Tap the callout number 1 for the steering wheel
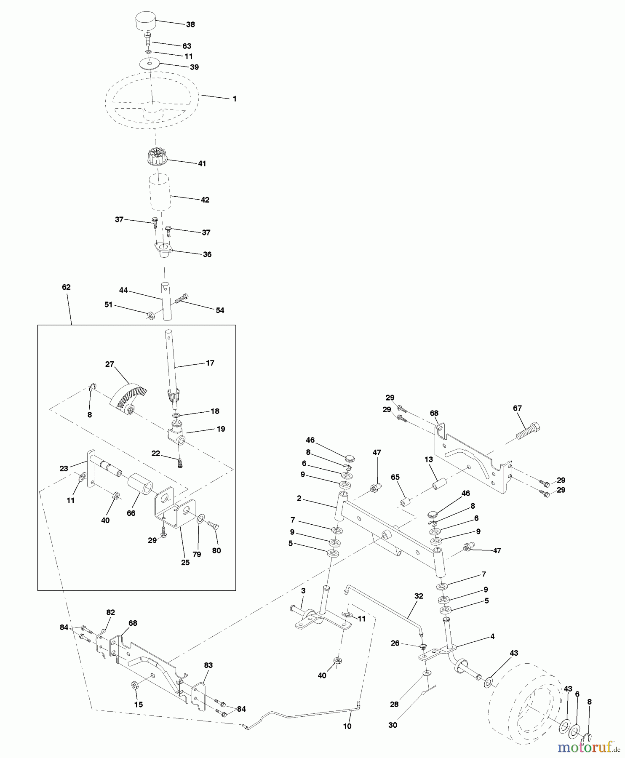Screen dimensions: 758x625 [x=235, y=99]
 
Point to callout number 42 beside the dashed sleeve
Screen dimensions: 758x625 [x=205, y=200]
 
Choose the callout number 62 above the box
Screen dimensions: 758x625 [x=66, y=287]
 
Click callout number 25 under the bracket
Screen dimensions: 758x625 [x=185, y=562]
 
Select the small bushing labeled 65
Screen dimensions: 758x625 [x=406, y=503]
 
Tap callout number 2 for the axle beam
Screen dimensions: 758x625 [x=299, y=498]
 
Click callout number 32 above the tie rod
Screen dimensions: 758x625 [x=419, y=596]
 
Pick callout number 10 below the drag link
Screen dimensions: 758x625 [x=347, y=726]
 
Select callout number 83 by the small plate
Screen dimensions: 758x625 [x=208, y=665]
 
